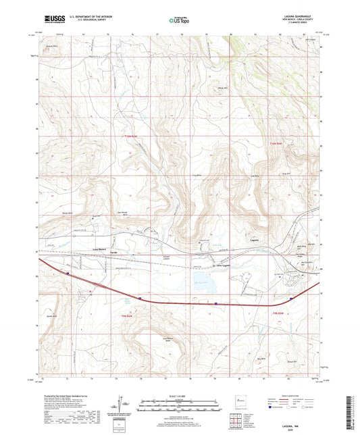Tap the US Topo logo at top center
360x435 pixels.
[x=178, y=20]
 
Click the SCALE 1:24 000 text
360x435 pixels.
[x=179, y=396]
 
